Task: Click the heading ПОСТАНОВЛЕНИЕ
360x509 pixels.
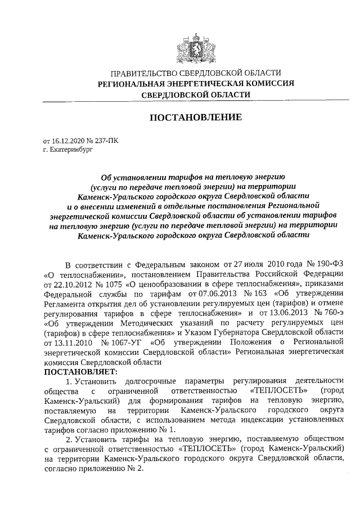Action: tap(195, 118)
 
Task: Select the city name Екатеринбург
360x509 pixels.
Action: tap(71, 151)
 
